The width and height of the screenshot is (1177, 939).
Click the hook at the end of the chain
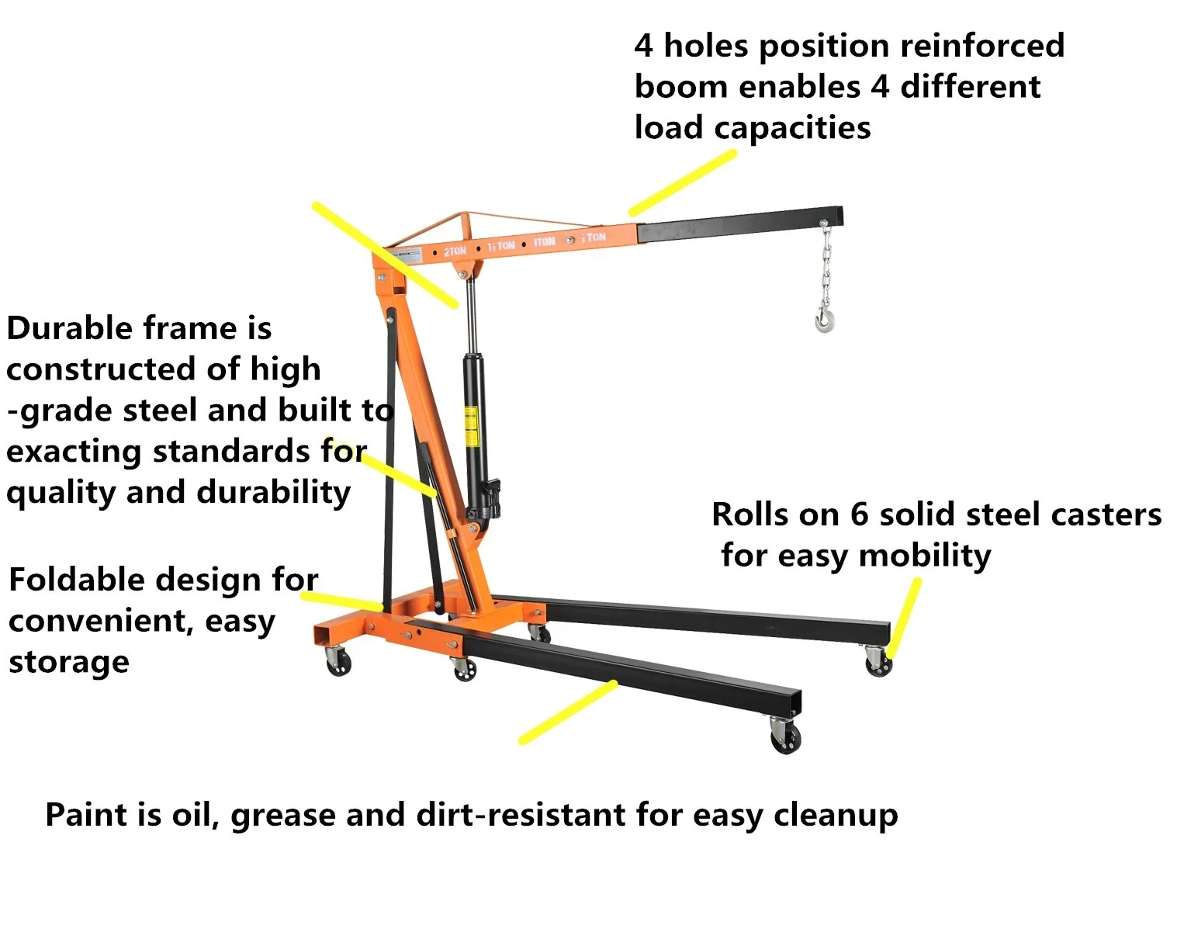pyautogui.click(x=825, y=318)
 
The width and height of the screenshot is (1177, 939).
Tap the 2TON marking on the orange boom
pyautogui.click(x=455, y=251)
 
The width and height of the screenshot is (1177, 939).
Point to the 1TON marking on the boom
pyautogui.click(x=544, y=241)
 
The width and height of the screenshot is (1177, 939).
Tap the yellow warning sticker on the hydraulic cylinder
pyautogui.click(x=470, y=426)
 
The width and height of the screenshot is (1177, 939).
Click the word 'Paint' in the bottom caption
pyautogui.click(x=86, y=815)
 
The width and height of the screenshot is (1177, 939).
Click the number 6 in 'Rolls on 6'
pyautogui.click(x=859, y=515)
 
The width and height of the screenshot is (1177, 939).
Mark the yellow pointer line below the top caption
pyautogui.click(x=682, y=182)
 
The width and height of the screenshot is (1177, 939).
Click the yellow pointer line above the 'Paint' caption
pyautogui.click(x=567, y=712)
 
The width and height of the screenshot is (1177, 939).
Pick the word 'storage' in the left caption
pyautogui.click(x=69, y=663)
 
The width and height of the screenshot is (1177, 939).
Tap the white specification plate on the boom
pyautogui.click(x=404, y=255)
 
